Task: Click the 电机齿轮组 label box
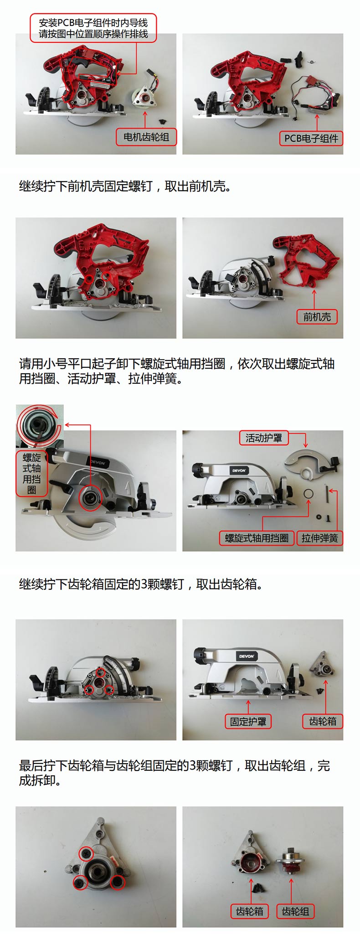pyautogui.click(x=146, y=137)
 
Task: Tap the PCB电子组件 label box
pyautogui.click(x=311, y=139)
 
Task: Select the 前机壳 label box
pyautogui.click(x=317, y=317)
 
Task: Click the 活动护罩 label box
pyautogui.click(x=264, y=438)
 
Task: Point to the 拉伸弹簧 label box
pyautogui.click(x=319, y=538)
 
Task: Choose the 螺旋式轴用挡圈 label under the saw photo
pyautogui.click(x=257, y=538)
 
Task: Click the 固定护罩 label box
pyautogui.click(x=248, y=722)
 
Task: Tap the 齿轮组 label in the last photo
pyautogui.click(x=295, y=911)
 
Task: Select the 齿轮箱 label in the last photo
pyautogui.click(x=249, y=911)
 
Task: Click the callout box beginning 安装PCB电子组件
pyautogui.click(x=93, y=28)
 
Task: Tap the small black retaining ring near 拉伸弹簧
pyautogui.click(x=309, y=494)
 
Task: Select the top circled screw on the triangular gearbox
pyautogui.click(x=86, y=854)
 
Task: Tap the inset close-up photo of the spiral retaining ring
pyautogui.click(x=39, y=426)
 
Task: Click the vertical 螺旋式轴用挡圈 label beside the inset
pyautogui.click(x=31, y=474)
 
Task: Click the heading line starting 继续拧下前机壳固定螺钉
pyautogui.click(x=124, y=186)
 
